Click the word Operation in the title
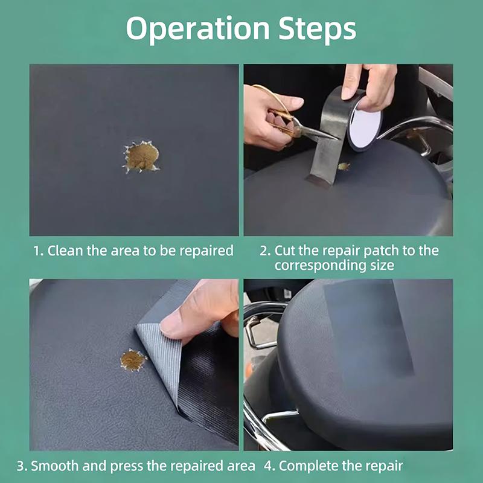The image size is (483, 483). [198, 28]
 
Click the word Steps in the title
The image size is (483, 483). [318, 28]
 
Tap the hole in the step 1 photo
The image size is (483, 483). [141, 156]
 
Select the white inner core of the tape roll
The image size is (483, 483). [365, 126]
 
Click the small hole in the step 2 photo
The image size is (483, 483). [344, 167]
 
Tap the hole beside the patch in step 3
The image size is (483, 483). [133, 360]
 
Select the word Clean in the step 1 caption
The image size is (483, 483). [65, 251]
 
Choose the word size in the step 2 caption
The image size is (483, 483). [382, 265]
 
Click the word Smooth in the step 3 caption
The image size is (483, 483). [55, 465]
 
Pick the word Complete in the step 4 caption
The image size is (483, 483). [312, 466]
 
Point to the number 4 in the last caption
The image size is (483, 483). [268, 466]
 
